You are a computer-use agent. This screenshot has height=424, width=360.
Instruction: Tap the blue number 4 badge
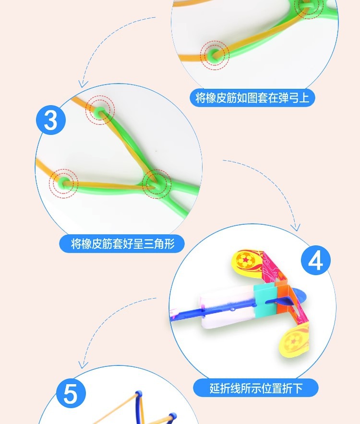(315, 262)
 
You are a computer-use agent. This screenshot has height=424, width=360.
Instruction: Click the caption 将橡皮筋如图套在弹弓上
(252, 98)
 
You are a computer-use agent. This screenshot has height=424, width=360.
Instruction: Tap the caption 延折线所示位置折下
(256, 388)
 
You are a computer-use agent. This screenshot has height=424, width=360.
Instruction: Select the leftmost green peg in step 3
(63, 182)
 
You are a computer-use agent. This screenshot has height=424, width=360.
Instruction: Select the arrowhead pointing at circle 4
(296, 227)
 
